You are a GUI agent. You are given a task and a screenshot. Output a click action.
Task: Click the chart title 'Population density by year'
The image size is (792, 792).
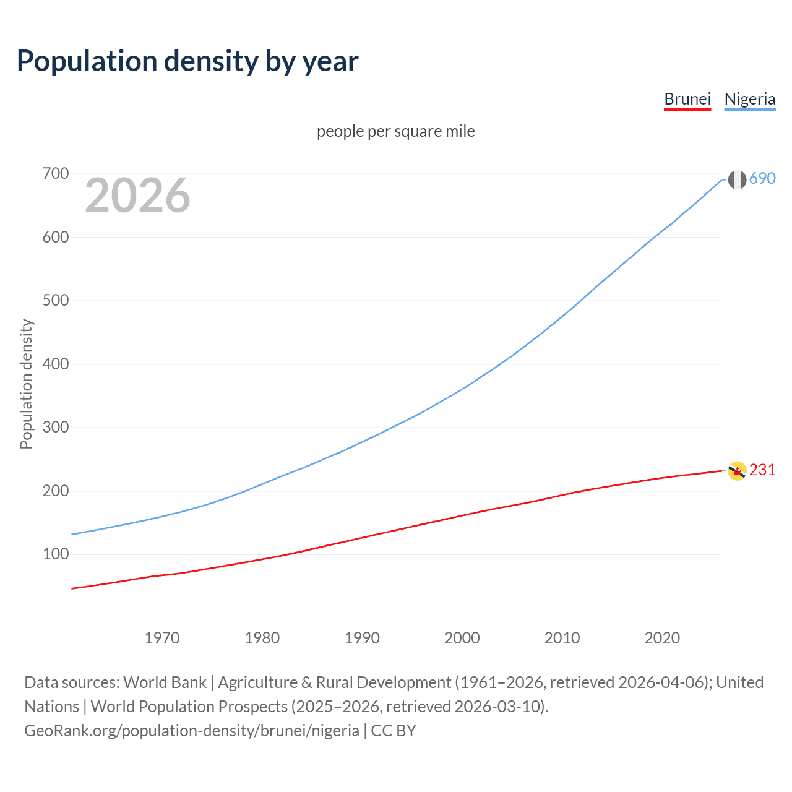[x=187, y=61]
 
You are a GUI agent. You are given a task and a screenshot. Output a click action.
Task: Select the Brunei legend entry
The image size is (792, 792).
[x=687, y=99]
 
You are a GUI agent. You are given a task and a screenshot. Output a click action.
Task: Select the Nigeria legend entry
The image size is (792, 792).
[x=749, y=99]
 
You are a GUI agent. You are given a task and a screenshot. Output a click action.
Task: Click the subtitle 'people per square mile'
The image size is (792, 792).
[x=395, y=131]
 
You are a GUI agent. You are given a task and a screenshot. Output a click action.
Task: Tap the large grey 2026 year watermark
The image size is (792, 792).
[x=137, y=196]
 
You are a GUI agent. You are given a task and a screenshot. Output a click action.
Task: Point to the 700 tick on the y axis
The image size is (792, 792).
[x=55, y=174]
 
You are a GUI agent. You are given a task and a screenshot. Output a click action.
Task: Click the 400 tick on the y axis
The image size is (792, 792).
[x=55, y=364]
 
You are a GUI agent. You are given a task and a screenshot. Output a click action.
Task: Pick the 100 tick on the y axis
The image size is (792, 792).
[x=55, y=554]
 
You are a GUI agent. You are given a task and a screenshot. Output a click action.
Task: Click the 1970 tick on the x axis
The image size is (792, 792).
[x=162, y=638]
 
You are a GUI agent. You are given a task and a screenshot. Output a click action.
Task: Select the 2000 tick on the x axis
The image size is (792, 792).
[x=462, y=638]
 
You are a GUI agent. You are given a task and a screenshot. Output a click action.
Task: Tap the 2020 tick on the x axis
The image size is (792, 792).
[x=662, y=638]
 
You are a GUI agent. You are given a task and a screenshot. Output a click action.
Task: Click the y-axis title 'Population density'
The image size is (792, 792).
[x=26, y=384]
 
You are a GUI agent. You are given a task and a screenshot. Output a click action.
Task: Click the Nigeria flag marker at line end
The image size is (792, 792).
[x=737, y=179]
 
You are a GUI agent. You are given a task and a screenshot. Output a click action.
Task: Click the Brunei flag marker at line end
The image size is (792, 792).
[x=737, y=471]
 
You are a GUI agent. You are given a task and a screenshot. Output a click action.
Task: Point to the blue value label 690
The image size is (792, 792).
[x=762, y=178]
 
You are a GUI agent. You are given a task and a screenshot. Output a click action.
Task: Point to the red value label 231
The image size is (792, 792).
[x=762, y=470]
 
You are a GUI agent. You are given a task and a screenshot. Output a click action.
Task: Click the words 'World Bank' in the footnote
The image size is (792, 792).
[x=165, y=682]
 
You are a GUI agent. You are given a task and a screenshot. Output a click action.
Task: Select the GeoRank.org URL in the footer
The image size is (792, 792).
[x=192, y=731]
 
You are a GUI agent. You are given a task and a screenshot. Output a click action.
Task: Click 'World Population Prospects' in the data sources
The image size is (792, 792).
[x=189, y=707]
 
